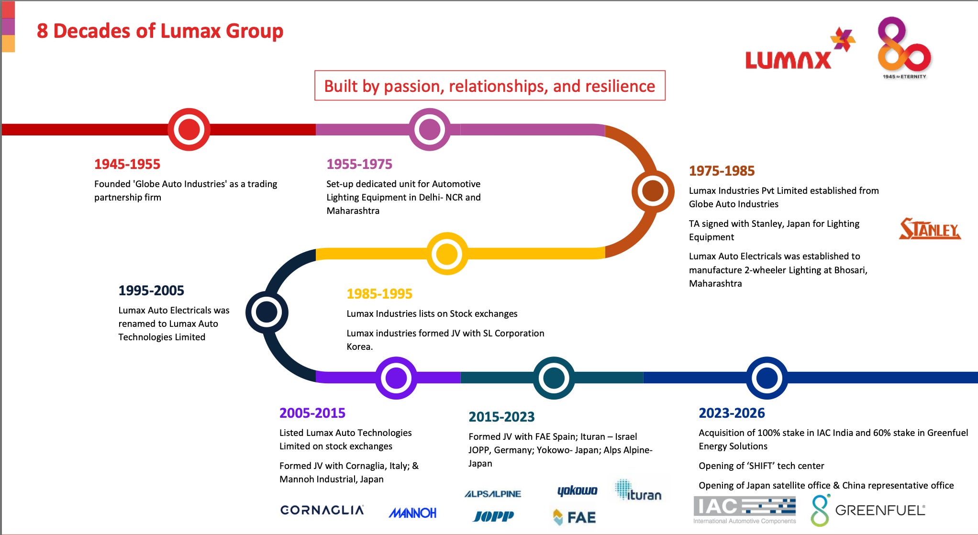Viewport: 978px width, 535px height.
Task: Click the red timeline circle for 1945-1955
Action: [189, 129]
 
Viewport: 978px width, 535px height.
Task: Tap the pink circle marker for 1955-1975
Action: [430, 129]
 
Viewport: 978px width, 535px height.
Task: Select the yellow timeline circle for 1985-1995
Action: [447, 254]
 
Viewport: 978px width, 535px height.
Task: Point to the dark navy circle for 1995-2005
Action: [267, 312]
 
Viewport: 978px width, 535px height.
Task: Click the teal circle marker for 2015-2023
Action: [554, 378]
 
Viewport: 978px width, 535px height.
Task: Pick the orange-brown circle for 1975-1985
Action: [653, 191]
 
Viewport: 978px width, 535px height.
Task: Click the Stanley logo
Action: [930, 229]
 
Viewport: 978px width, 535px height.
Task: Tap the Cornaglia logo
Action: [322, 510]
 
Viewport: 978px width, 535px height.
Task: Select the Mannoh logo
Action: [412, 513]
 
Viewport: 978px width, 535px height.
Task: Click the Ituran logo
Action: [638, 490]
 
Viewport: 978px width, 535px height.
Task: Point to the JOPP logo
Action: [493, 516]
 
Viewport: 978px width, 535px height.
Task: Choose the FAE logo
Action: [574, 517]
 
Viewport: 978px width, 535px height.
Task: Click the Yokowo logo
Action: [577, 490]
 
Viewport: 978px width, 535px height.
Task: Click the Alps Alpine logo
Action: [493, 494]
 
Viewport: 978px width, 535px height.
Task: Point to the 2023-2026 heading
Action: [732, 413]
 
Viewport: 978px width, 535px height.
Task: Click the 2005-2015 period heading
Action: [312, 413]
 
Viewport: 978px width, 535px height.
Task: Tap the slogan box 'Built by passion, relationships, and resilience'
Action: [489, 86]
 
